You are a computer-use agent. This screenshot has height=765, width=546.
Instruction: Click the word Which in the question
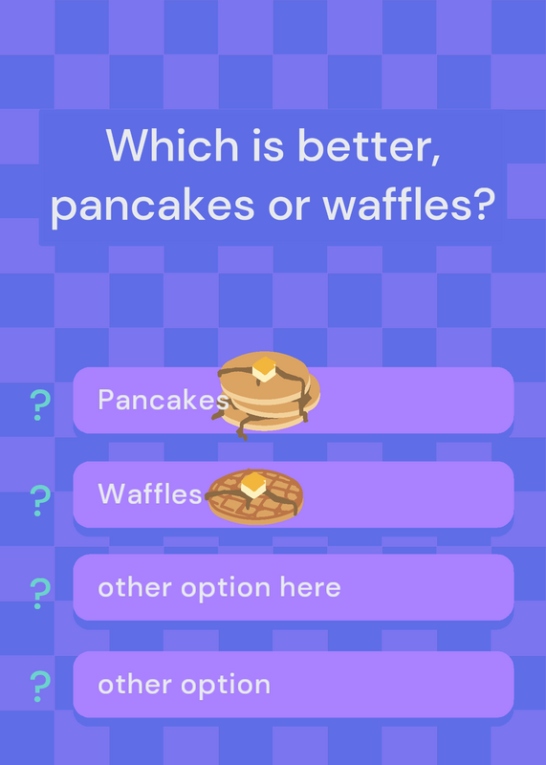(x=172, y=145)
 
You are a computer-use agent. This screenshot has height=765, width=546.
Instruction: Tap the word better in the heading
(x=369, y=146)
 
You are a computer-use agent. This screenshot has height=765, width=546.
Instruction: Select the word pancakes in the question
(x=152, y=206)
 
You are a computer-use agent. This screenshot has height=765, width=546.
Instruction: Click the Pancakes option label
(x=163, y=400)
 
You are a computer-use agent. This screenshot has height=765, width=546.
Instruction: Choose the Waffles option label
(x=150, y=493)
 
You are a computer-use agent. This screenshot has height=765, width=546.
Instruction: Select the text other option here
(x=219, y=587)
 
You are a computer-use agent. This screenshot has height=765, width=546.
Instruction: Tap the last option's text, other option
(x=184, y=685)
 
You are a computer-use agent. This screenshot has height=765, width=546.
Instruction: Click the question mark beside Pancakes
(x=40, y=404)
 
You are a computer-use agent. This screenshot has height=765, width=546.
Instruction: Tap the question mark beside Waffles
(x=40, y=500)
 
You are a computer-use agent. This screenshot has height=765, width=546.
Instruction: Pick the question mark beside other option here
(x=40, y=593)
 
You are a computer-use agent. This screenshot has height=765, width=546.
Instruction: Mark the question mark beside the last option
(x=40, y=686)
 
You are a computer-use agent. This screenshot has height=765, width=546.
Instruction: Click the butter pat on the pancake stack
(x=264, y=369)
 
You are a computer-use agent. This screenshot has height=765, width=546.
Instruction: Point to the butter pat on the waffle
(x=253, y=485)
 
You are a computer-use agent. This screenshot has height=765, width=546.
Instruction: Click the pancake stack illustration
(x=267, y=394)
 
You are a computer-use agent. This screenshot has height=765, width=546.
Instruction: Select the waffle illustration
(x=254, y=496)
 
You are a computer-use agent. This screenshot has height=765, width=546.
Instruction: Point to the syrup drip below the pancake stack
(x=242, y=429)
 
